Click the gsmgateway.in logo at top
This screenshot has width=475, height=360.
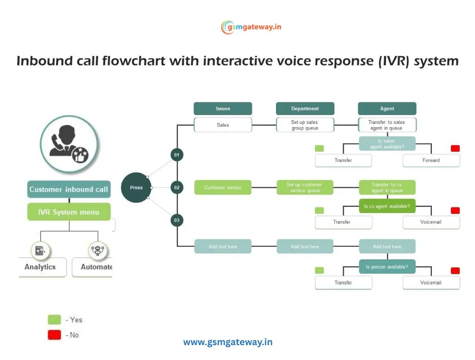(251, 27)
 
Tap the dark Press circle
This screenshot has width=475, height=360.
(136, 187)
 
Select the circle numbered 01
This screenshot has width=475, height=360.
(177, 155)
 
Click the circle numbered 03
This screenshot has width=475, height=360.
(177, 220)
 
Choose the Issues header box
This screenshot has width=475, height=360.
(223, 109)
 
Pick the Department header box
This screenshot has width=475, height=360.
(305, 109)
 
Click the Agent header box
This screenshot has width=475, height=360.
(387, 109)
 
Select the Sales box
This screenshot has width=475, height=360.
(223, 125)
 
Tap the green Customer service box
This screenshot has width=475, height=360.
(223, 187)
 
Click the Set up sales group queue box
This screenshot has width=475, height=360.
(305, 125)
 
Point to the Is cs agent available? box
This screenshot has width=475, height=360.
(387, 206)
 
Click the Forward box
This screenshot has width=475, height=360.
(431, 161)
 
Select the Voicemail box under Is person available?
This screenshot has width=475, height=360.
(431, 283)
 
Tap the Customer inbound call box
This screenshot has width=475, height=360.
(69, 189)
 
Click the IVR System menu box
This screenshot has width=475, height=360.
(69, 212)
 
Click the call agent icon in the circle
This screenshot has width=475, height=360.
(69, 144)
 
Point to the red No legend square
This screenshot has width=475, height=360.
(54, 335)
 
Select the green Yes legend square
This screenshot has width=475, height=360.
(54, 320)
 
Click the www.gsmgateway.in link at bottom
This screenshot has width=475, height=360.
(228, 342)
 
